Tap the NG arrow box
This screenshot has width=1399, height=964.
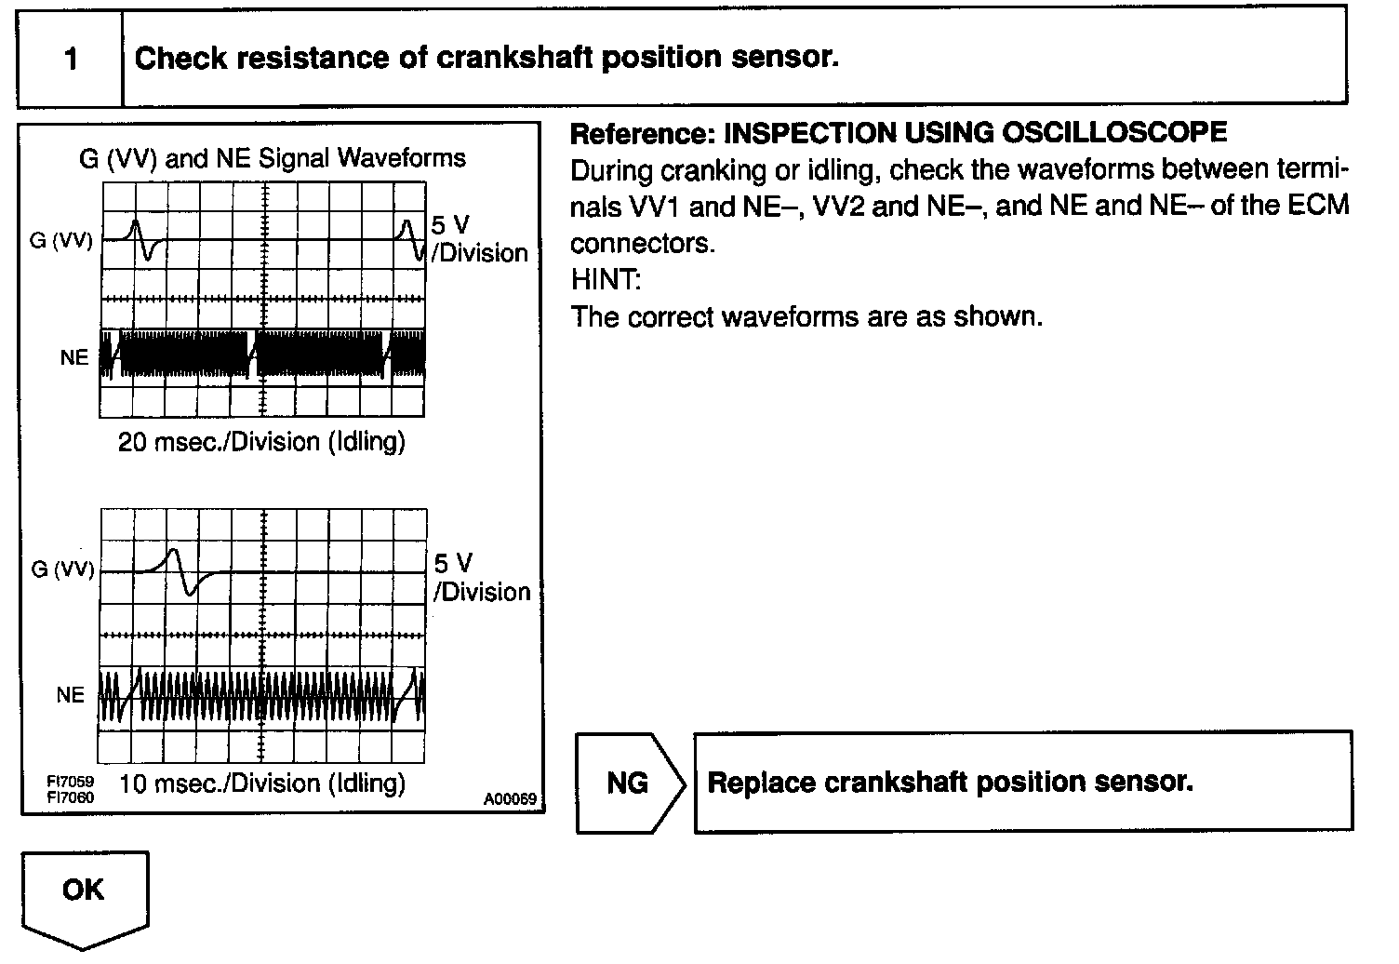[x=628, y=783]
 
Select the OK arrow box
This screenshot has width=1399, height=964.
[x=84, y=892]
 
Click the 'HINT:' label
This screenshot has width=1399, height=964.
[x=606, y=279]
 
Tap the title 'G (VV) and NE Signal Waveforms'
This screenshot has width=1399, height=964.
[x=273, y=158]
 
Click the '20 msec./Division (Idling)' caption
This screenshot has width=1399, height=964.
[x=261, y=441]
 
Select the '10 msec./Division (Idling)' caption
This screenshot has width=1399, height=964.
[x=263, y=783]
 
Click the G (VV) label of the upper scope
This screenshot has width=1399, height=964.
[x=61, y=240]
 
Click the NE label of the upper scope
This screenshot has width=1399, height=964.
[x=73, y=357]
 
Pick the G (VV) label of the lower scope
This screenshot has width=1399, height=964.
[x=62, y=569]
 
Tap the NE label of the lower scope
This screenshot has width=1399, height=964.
[x=70, y=695]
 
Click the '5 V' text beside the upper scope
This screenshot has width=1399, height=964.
[x=450, y=225]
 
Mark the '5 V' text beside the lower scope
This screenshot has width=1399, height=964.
[x=453, y=563]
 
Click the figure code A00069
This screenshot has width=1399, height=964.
[x=511, y=799]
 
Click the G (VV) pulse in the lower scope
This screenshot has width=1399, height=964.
[x=182, y=570]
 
